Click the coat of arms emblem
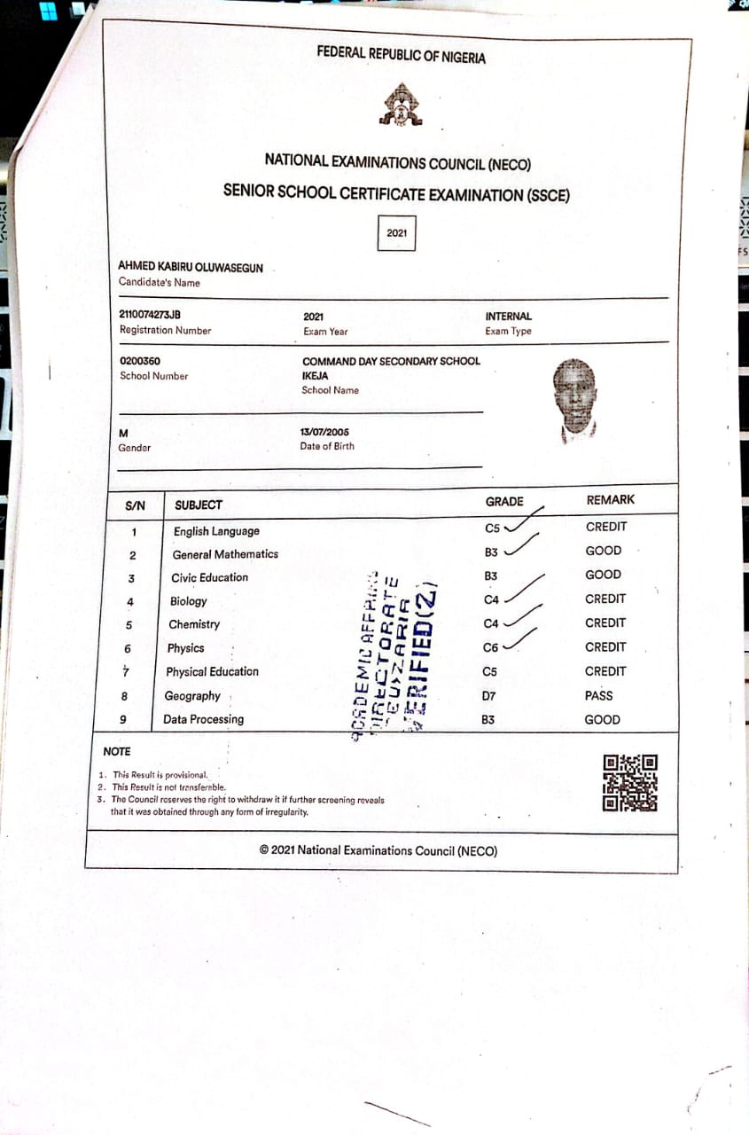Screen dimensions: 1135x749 401,105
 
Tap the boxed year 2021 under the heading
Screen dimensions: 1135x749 396,233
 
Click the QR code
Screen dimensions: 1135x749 630,783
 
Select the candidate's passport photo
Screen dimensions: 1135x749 577,400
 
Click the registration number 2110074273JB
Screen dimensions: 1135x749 150,315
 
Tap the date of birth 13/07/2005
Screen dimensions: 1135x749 324,432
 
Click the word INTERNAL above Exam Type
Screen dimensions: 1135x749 509,316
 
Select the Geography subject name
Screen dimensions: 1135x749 192,696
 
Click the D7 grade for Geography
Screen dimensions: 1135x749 488,696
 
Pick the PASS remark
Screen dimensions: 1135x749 598,695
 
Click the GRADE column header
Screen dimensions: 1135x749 504,502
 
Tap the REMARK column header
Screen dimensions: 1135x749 611,500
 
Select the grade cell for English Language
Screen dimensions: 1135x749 493,528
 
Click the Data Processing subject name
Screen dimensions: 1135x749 203,719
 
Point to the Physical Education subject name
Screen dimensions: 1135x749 212,672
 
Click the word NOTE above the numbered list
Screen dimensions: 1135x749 117,752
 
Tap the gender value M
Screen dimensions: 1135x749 123,433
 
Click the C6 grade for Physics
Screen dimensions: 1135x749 491,648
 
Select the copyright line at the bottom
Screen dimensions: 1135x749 378,850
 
